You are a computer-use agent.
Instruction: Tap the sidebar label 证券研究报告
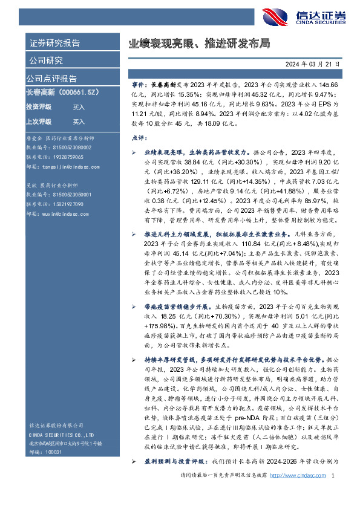[x=54, y=44]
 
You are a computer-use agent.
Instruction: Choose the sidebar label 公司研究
[x=46, y=60]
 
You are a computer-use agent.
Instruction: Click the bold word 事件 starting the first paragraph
[x=138, y=86]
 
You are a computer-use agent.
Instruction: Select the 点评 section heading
[x=139, y=138]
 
